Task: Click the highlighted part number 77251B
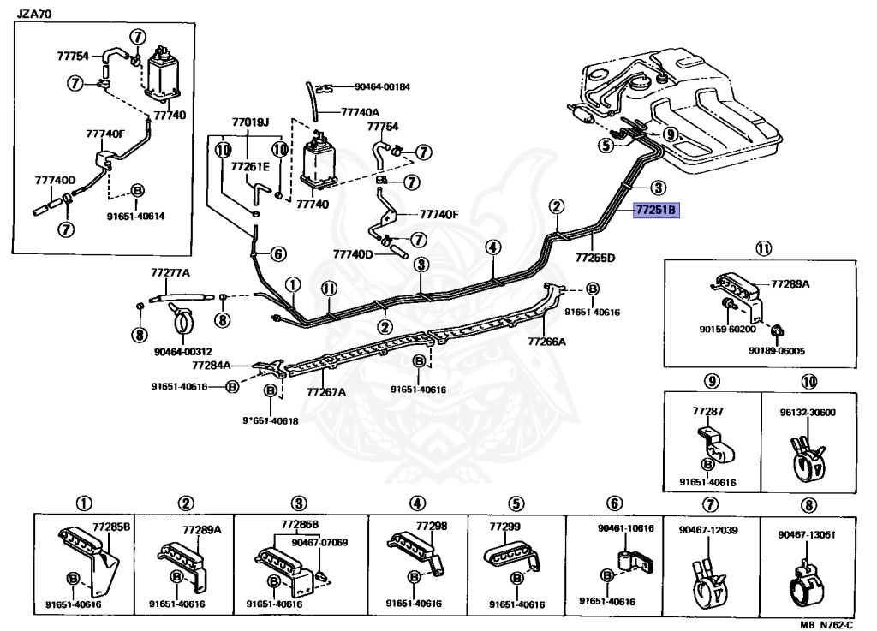click(x=655, y=208)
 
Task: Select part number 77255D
click(x=595, y=257)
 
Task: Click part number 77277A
click(x=170, y=273)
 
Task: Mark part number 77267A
click(x=326, y=392)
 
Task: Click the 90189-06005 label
click(x=776, y=350)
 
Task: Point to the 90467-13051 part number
click(x=807, y=535)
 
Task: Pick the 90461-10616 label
click(x=625, y=528)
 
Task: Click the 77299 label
click(x=505, y=526)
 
